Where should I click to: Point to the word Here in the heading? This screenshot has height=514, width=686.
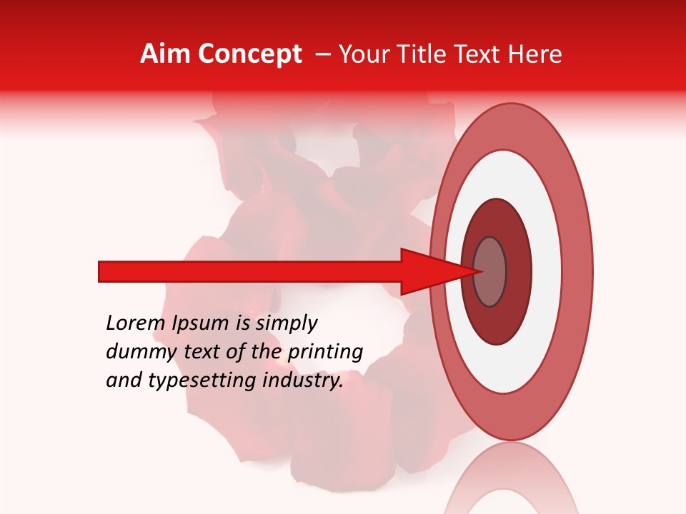click(x=537, y=54)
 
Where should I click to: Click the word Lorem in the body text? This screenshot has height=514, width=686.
click(x=136, y=323)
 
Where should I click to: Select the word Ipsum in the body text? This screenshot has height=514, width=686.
click(x=201, y=324)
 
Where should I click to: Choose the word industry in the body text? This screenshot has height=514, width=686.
click(x=304, y=381)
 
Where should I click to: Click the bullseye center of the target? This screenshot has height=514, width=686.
click(x=490, y=271)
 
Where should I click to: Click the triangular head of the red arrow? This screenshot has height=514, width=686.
click(x=429, y=271)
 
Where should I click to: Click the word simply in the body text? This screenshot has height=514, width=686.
click(x=286, y=324)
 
